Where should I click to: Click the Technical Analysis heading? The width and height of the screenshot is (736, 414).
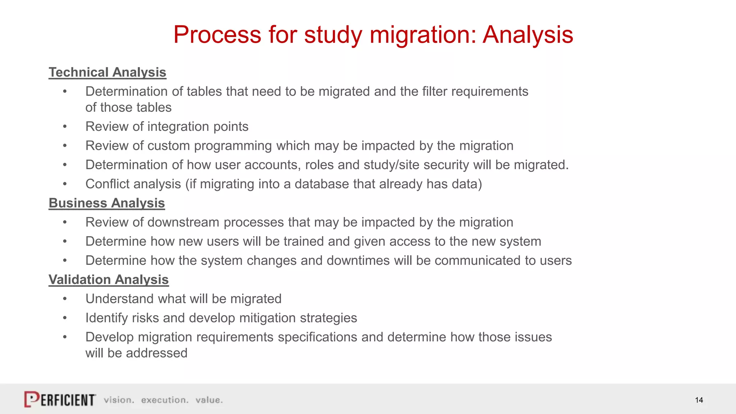107,72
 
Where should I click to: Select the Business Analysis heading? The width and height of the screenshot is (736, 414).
107,203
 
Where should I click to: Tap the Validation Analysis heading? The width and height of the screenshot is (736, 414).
109,280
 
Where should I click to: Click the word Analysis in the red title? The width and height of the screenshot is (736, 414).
528,35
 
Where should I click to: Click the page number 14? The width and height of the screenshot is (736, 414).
699,400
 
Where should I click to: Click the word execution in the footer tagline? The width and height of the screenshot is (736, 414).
165,400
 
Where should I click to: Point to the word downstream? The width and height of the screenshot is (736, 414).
183,222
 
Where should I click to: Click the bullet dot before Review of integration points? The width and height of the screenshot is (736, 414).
65,126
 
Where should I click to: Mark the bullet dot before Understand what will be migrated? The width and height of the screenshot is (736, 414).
65,299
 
